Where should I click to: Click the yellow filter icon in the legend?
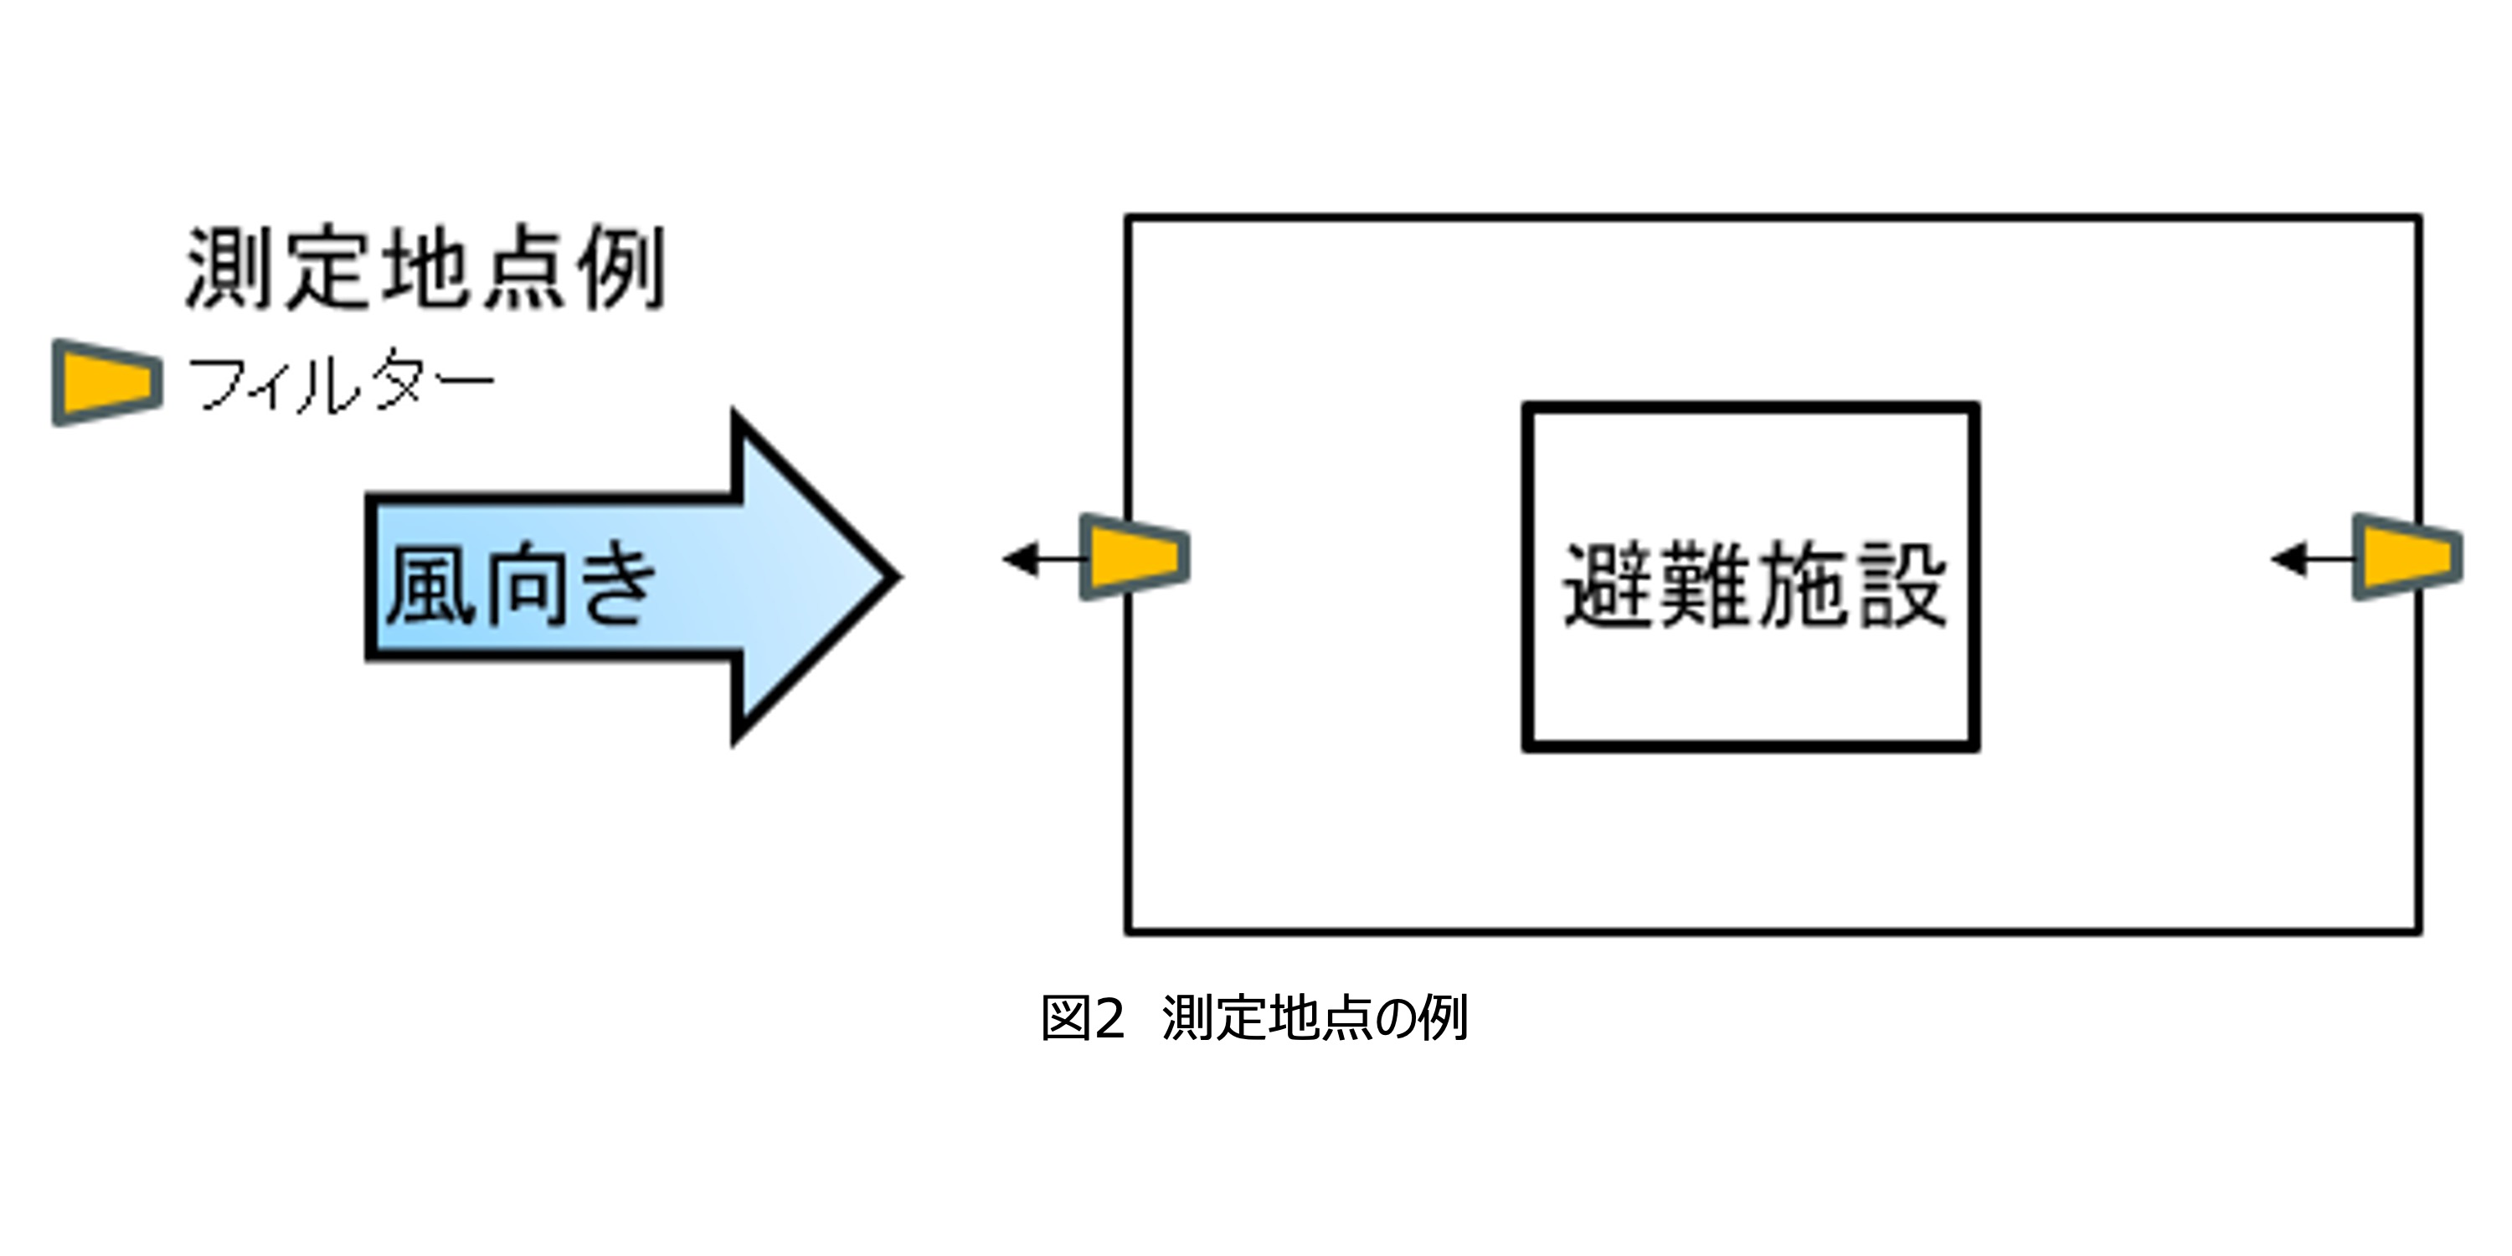pos(107,383)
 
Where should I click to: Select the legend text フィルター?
pos(342,383)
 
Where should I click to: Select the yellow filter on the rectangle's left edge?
pos(1135,557)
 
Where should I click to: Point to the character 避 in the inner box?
pos(1609,585)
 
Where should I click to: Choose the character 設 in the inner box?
pos(1902,585)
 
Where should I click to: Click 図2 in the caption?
pos(1083,1018)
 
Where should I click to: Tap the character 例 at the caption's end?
pos(1444,1018)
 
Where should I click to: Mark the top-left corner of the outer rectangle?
pos(1128,218)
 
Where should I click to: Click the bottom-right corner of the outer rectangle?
pos(2419,932)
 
